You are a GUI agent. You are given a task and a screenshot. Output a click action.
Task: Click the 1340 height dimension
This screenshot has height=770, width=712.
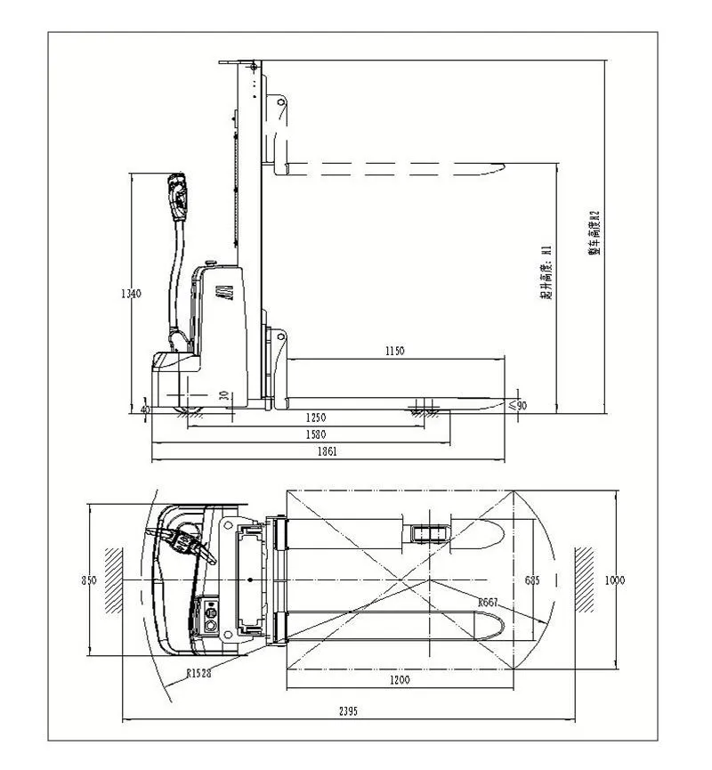131,295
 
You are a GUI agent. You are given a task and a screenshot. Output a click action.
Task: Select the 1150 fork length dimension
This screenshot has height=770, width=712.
394,352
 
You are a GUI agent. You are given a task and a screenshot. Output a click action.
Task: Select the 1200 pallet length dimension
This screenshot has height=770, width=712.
400,681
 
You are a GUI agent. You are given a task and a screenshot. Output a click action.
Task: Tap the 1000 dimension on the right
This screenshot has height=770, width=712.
614,580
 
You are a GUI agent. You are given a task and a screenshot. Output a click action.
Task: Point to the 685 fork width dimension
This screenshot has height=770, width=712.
531,580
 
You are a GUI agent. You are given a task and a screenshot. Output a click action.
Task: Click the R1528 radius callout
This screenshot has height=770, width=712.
199,674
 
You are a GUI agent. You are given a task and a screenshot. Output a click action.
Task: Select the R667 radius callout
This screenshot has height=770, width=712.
488,603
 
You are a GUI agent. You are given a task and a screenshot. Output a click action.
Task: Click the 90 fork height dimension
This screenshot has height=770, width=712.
522,405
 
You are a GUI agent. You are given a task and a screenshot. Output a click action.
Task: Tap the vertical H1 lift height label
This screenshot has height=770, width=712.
547,272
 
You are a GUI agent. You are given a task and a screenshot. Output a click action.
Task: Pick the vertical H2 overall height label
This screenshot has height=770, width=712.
595,233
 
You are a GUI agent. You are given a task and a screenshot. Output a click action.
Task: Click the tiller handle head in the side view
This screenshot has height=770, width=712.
177,193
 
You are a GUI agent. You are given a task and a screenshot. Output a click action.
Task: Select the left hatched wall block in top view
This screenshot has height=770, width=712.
113,580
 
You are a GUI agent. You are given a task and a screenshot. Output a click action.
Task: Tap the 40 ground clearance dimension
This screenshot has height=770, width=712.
146,409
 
